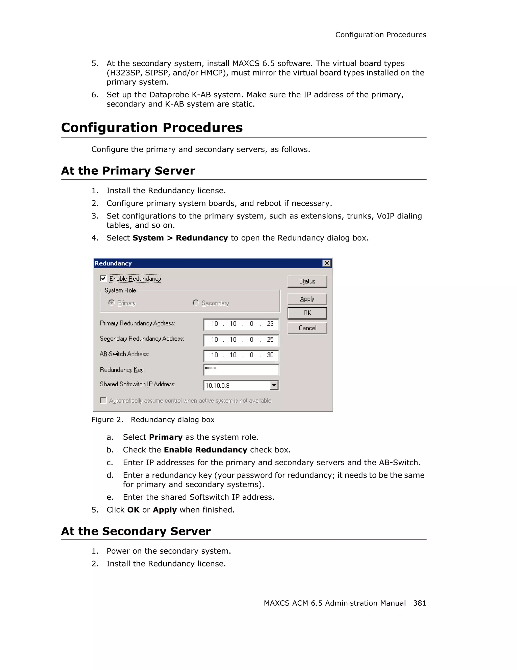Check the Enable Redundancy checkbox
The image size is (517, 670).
(103, 279)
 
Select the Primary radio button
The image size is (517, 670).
(111, 303)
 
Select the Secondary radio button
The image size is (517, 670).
(195, 303)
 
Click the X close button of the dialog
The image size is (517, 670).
(326, 263)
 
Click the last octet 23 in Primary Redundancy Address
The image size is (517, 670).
(270, 324)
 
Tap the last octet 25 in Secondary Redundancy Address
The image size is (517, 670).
(270, 340)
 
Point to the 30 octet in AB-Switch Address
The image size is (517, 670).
(270, 355)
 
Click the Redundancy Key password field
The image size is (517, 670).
(241, 370)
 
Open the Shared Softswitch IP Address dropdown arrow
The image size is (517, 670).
(274, 385)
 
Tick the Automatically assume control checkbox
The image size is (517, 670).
(103, 400)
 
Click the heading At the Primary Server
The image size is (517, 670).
(128, 171)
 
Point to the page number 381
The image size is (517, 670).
(419, 603)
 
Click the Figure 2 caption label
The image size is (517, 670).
(107, 420)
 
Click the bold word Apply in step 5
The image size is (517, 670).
(165, 510)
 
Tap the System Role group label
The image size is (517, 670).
(120, 290)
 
